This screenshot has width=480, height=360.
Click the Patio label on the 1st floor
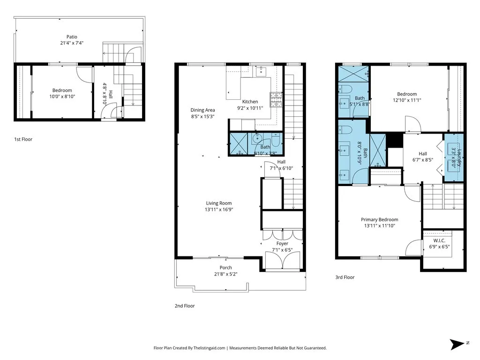(x=72, y=37)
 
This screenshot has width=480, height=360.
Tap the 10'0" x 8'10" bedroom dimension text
(x=62, y=97)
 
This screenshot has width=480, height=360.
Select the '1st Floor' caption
(x=23, y=139)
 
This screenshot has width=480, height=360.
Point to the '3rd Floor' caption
(x=345, y=277)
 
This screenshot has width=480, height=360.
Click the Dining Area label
(x=202, y=110)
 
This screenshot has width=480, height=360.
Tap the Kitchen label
(x=250, y=102)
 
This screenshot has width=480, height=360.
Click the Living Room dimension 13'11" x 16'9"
(x=219, y=210)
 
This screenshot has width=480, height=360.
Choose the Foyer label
(x=282, y=244)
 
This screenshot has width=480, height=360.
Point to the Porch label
(x=226, y=268)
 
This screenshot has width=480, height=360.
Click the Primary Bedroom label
(x=379, y=219)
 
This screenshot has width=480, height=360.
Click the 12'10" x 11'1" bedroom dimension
(x=406, y=100)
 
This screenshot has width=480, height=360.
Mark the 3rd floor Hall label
(x=423, y=153)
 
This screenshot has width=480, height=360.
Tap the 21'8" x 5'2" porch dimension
(x=226, y=274)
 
